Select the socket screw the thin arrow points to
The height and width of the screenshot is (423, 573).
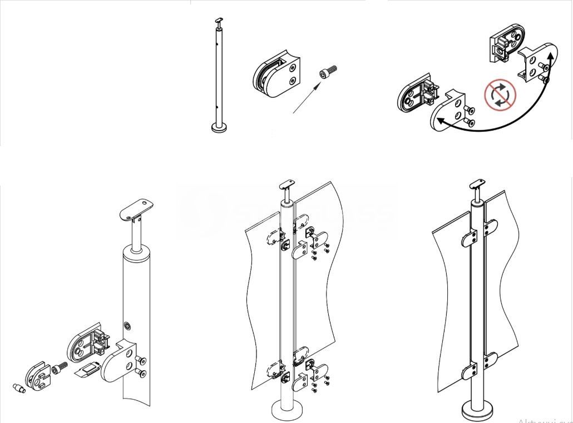point(328,73)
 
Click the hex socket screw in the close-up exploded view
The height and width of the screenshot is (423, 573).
point(59,367)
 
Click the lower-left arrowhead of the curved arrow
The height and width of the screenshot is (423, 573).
point(440,118)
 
